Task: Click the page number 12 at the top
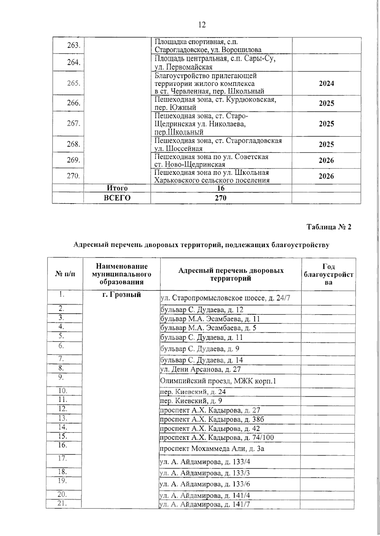click(202, 25)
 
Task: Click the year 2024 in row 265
click(326, 83)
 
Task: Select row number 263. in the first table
click(73, 45)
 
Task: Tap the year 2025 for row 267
click(326, 124)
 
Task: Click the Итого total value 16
click(221, 188)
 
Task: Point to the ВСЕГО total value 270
click(221, 198)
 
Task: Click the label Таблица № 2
click(329, 227)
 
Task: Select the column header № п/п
click(65, 274)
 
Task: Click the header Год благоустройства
click(328, 274)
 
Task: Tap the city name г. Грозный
click(121, 295)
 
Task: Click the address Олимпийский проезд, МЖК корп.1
click(218, 381)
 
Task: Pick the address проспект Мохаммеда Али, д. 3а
click(212, 449)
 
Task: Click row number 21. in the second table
click(62, 503)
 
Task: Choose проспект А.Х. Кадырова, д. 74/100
click(217, 438)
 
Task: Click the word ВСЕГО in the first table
click(117, 198)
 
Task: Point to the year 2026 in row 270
click(326, 176)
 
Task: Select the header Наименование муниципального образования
click(121, 274)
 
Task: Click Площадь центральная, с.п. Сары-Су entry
click(215, 63)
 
